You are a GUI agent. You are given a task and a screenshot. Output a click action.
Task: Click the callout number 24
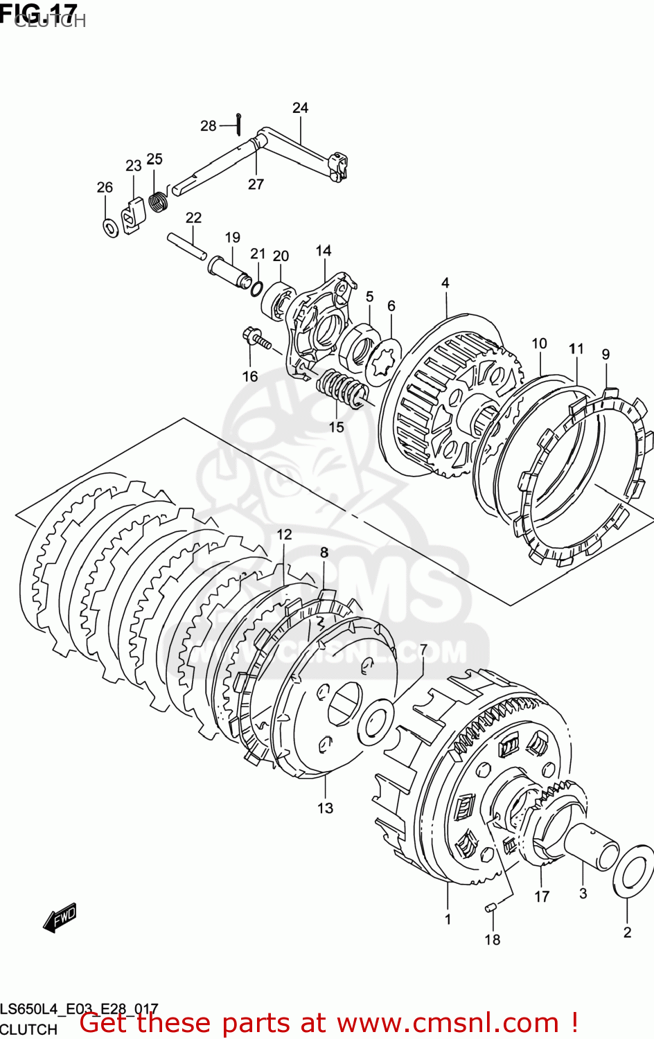point(300,108)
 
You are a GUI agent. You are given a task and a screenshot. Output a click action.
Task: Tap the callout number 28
point(208,126)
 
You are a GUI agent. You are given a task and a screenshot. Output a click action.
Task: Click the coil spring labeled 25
point(159,202)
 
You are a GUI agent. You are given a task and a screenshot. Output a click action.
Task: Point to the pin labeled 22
point(186,247)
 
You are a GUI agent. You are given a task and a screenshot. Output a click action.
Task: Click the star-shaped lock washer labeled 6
point(383,361)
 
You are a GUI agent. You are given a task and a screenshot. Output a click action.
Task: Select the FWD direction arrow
point(60,918)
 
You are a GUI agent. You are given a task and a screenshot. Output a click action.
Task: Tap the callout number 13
point(325,808)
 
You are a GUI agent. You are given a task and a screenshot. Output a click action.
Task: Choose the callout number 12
point(284,535)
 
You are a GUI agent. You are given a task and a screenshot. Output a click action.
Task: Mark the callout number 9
point(606,355)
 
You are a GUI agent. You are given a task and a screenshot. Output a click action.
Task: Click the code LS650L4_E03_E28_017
point(79,1009)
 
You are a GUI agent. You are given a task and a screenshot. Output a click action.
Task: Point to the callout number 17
point(542,896)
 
